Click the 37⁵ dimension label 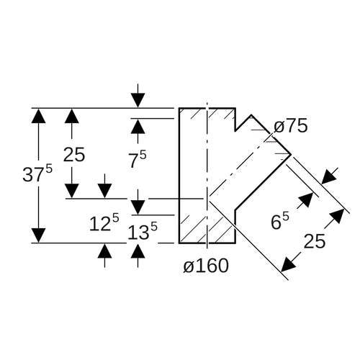(x=37, y=174)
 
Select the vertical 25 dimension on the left (x=74, y=155)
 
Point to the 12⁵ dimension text (x=104, y=222)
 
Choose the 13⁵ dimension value (x=143, y=231)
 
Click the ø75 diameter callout (x=291, y=126)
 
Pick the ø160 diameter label (x=206, y=266)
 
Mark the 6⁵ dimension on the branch (x=280, y=221)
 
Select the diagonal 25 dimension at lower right (x=315, y=241)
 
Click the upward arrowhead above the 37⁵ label (x=38, y=116)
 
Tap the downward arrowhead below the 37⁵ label (x=38, y=235)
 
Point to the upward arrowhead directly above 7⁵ (x=138, y=126)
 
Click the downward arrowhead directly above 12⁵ (x=104, y=191)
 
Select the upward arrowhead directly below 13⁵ (x=138, y=251)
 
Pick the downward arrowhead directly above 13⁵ (x=138, y=207)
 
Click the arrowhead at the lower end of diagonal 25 (x=289, y=264)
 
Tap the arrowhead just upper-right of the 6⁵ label (x=306, y=199)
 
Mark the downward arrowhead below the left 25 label (x=72, y=191)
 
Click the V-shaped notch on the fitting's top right (x=243, y=122)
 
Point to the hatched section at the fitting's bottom (x=207, y=229)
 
